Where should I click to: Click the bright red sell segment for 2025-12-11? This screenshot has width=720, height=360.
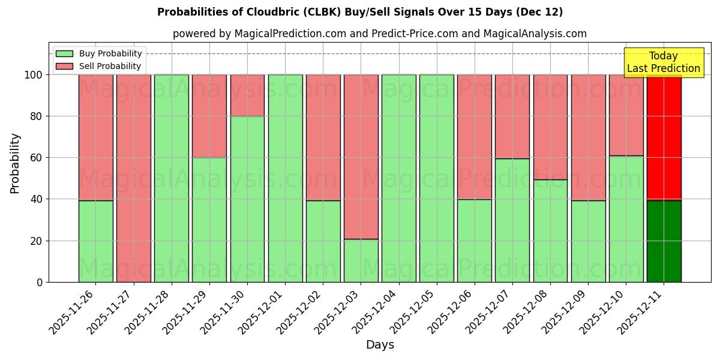click(x=664, y=138)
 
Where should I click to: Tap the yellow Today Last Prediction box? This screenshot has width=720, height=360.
click(x=663, y=62)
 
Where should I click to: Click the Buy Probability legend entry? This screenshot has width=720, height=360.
click(x=98, y=53)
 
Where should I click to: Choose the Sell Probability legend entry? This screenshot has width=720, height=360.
click(x=98, y=66)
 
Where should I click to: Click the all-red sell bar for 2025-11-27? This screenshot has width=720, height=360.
click(x=133, y=178)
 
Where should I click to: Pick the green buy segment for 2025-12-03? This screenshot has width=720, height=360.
click(x=361, y=260)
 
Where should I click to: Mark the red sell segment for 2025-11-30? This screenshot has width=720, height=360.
click(x=247, y=95)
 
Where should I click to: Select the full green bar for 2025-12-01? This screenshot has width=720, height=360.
click(x=285, y=178)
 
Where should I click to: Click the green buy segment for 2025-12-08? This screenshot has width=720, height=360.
click(x=550, y=230)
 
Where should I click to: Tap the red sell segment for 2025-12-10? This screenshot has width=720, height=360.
click(x=626, y=115)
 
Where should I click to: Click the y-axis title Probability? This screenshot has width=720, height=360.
click(x=15, y=163)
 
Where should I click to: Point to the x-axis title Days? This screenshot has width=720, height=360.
click(x=380, y=345)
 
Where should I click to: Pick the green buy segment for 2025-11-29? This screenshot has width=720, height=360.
click(x=209, y=220)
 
